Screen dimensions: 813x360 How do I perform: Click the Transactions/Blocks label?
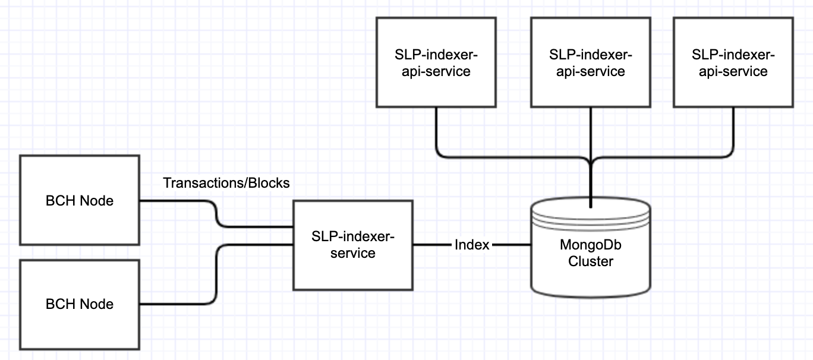coord(226,183)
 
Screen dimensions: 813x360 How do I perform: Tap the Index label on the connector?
coord(472,245)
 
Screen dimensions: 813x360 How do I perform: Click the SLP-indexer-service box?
coord(353,245)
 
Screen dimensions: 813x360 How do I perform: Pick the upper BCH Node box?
coord(80,200)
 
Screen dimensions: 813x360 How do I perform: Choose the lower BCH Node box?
coord(80,305)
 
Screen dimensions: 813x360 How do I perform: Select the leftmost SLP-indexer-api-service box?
coord(436,62)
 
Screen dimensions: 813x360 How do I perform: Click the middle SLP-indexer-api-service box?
coord(591,62)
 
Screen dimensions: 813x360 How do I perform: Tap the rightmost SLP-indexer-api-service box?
coord(733,62)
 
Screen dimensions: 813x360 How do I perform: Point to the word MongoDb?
coord(591,245)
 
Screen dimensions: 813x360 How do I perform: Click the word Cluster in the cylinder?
coord(591,261)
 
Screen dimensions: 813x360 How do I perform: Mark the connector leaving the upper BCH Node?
coord(217,214)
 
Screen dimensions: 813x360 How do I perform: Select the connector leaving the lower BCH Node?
coord(217,274)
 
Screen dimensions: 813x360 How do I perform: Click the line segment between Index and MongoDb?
coord(511,245)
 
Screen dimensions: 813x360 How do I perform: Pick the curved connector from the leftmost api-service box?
coord(508,157)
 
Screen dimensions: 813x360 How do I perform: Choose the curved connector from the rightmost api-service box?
coord(668,157)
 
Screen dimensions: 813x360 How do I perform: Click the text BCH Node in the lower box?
coord(80,304)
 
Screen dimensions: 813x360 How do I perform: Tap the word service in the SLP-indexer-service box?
coord(353,253)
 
